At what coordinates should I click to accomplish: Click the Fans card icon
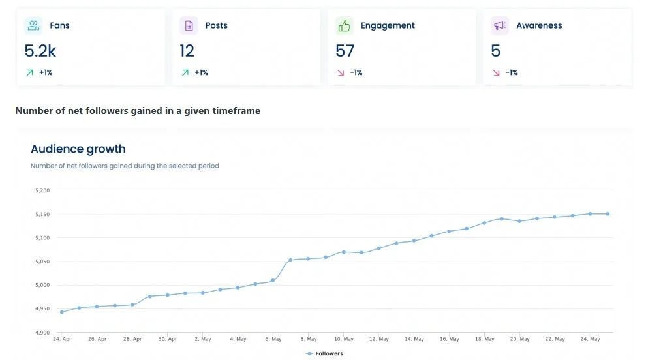pos(33,25)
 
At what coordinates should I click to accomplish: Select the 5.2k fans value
pos(40,51)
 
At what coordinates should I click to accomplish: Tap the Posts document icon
pos(189,25)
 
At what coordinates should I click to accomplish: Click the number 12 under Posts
pos(187,51)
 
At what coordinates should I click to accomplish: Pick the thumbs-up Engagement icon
pos(344,25)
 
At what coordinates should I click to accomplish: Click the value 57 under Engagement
pos(345,51)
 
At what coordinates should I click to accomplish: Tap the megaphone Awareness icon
pos(499,25)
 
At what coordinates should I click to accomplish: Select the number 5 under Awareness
pos(496,51)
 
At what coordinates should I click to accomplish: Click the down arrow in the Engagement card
pos(340,73)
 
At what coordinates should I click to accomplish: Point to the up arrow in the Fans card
pos(29,73)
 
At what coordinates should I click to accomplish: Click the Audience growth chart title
pos(78,149)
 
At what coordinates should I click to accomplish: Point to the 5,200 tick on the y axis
pos(42,190)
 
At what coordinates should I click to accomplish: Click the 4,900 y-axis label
pos(42,333)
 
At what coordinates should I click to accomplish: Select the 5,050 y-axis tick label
pos(42,262)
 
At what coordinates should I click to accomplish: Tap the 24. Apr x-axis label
pos(61,339)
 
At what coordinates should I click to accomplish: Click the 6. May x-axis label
pos(273,339)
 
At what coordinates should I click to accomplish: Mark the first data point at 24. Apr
pos(62,312)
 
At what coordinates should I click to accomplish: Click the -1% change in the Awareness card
pos(512,73)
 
